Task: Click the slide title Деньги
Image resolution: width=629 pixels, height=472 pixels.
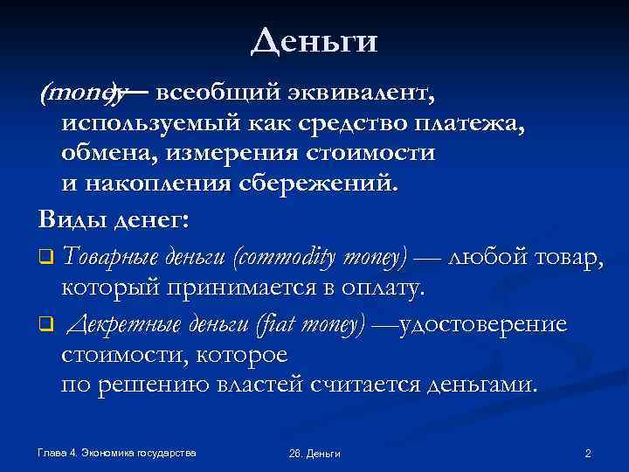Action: click(x=314, y=41)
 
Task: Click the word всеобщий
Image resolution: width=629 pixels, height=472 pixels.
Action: click(x=206, y=91)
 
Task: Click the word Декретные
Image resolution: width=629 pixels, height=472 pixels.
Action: click(x=119, y=324)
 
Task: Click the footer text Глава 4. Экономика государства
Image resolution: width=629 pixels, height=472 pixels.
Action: click(x=117, y=452)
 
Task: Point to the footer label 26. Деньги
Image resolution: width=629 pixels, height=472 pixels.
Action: click(x=314, y=454)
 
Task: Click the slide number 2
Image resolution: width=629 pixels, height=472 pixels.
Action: click(x=588, y=453)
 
